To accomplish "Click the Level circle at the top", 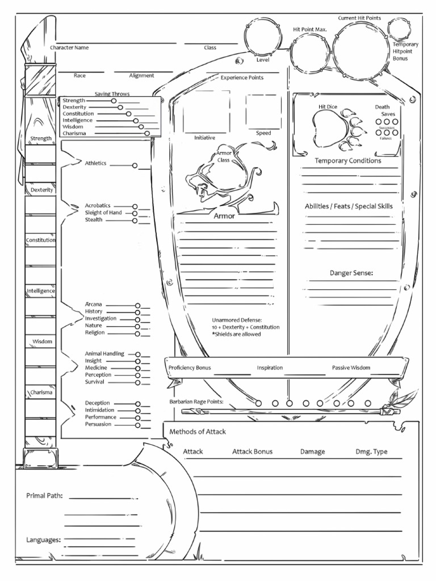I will [x=263, y=37].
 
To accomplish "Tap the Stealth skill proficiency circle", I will [x=135, y=220].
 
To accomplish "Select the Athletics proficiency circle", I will [x=135, y=166].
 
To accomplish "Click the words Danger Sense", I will [x=351, y=273].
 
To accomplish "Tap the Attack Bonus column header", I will [x=252, y=452].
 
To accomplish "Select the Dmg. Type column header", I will [x=371, y=452].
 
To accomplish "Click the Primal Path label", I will [x=44, y=495].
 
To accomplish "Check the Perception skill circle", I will [x=137, y=375].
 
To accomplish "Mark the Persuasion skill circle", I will [x=137, y=424].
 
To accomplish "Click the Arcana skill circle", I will [x=137, y=305].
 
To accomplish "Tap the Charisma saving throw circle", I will [x=147, y=133].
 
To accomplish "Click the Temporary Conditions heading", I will [x=348, y=161].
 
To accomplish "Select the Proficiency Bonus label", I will [x=190, y=368].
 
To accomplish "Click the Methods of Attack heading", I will [x=198, y=432].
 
